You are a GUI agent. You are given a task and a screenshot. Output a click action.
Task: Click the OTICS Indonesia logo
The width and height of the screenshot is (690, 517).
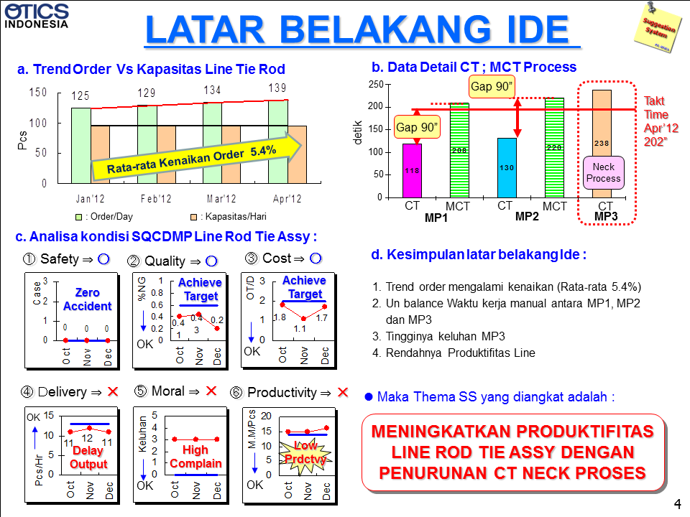point(37,16)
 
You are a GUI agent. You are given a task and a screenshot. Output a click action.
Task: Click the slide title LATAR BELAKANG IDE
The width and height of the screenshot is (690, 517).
point(362,29)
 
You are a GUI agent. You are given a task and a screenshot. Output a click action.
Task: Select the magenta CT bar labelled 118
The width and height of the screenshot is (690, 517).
point(412,170)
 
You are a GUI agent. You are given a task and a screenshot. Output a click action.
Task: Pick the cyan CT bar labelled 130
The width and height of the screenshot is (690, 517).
point(507,167)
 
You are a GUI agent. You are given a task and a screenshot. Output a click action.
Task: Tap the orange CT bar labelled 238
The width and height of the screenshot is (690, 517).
point(602,143)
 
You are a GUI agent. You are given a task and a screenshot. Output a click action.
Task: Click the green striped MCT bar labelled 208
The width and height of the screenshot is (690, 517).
point(459,150)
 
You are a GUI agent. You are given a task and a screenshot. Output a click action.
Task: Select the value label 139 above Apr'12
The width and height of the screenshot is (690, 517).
point(277,88)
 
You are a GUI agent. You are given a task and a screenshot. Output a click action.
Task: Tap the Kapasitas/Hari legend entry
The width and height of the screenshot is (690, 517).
point(224,216)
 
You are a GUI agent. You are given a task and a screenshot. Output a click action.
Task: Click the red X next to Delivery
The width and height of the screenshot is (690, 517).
point(113,392)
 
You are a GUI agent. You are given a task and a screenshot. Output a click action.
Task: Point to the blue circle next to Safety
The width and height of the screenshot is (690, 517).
point(103,258)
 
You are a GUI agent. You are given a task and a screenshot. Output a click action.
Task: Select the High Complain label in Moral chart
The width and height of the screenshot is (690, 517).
point(195,457)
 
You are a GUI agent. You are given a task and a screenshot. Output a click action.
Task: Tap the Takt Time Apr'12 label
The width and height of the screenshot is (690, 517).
point(656,114)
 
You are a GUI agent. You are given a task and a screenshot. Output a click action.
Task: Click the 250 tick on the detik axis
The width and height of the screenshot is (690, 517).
point(374,85)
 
